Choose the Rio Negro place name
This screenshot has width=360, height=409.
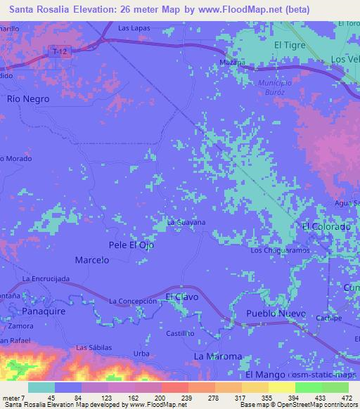point(28,99)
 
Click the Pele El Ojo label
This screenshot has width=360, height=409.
point(131,245)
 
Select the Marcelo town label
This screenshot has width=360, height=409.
point(91,260)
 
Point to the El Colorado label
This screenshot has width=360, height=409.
point(326,227)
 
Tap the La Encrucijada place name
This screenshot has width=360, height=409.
point(46,279)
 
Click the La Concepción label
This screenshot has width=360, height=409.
point(132,301)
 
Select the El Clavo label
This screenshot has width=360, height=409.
point(182,297)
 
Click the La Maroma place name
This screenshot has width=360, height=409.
point(217,356)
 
